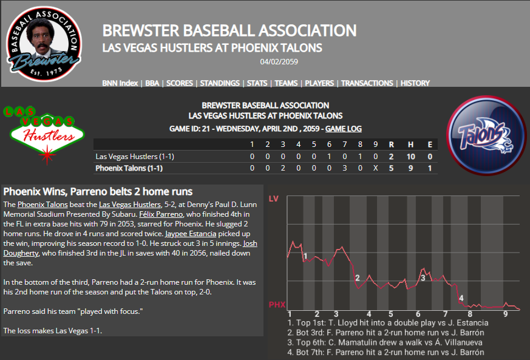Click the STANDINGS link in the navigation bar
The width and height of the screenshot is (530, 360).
pyautogui.click(x=220, y=83)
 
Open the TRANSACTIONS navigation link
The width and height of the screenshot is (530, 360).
pyautogui.click(x=367, y=83)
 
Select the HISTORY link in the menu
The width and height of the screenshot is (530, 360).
pyautogui.click(x=415, y=83)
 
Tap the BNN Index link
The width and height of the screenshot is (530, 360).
pyautogui.click(x=120, y=83)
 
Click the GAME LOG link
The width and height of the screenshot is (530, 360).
pyautogui.click(x=344, y=129)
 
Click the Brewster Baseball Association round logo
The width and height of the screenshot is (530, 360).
pyautogui.click(x=44, y=44)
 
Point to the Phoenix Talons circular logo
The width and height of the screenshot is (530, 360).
pyautogui.click(x=486, y=135)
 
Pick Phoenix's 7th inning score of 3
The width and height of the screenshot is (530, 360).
pyautogui.click(x=344, y=168)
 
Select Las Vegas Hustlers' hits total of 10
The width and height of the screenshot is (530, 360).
pyautogui.click(x=410, y=157)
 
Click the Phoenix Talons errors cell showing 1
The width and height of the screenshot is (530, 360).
pyautogui.click(x=430, y=168)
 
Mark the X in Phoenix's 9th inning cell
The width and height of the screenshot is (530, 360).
pyautogui.click(x=376, y=168)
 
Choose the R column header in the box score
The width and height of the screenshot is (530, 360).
pyautogui.click(x=391, y=144)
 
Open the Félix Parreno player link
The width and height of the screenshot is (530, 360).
pyautogui.click(x=161, y=214)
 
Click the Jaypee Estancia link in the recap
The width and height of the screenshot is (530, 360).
pyautogui.click(x=191, y=234)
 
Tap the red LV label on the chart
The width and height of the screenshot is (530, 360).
pyautogui.click(x=273, y=199)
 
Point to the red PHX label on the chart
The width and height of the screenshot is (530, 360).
pyautogui.click(x=277, y=305)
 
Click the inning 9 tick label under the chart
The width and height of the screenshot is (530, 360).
pyautogui.click(x=505, y=314)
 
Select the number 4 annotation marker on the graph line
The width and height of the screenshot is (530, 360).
pyautogui.click(x=461, y=298)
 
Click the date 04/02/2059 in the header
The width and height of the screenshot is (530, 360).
pyautogui.click(x=279, y=62)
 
